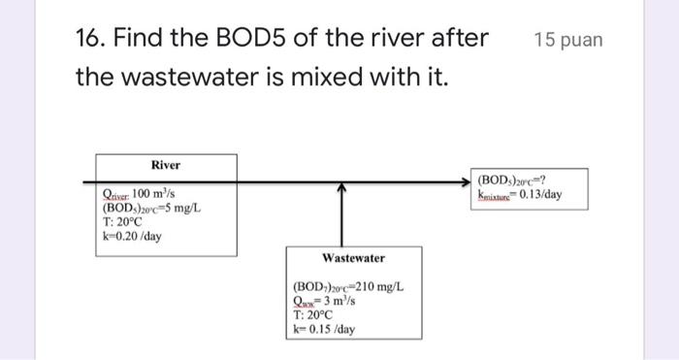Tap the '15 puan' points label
click(567, 40)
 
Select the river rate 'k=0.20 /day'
click(132, 236)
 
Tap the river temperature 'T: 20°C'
click(123, 222)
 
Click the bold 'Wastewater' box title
click(353, 258)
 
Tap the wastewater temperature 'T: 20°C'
click(312, 315)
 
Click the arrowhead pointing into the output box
click(469, 180)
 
